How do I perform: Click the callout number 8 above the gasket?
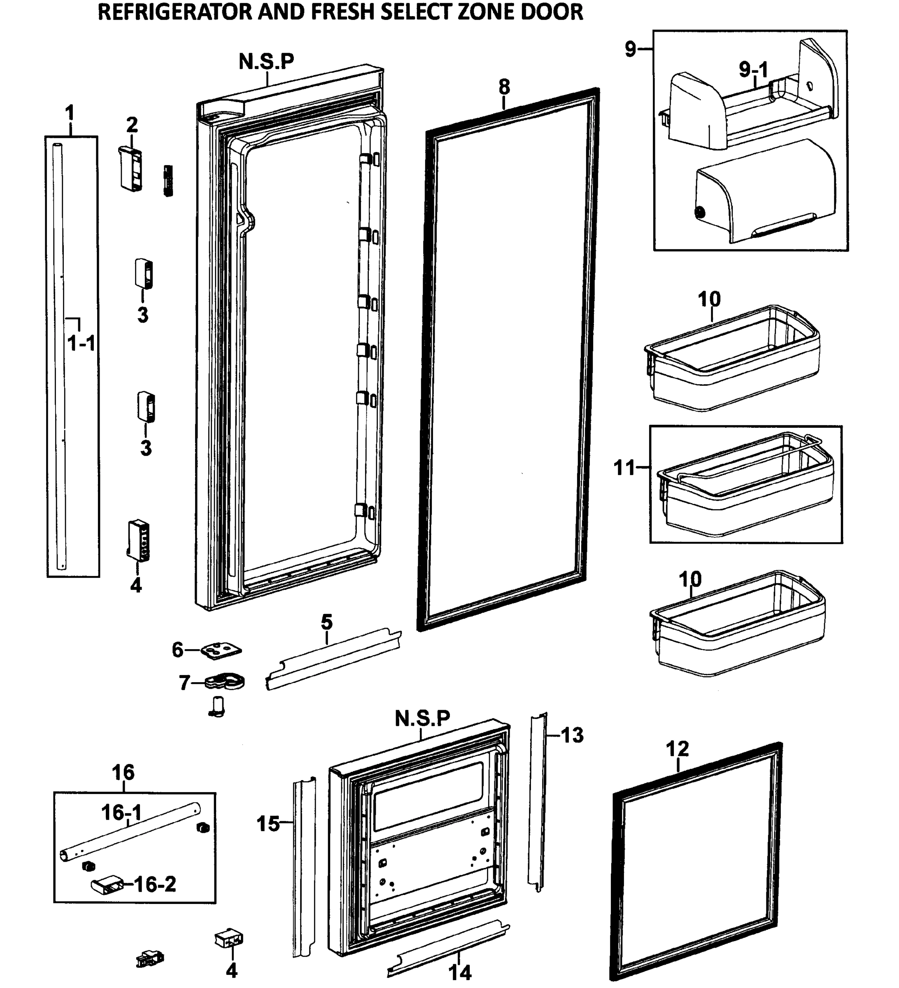504,87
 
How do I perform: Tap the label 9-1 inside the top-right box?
754,70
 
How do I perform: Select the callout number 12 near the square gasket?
678,748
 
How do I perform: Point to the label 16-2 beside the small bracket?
155,884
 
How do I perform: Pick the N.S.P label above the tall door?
266,61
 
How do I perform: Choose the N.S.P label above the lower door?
422,718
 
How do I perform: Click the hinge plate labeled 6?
221,650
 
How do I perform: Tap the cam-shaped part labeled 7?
225,681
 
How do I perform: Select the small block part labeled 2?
131,168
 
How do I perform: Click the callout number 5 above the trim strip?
327,622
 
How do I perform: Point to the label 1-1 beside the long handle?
82,343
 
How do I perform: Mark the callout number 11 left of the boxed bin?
624,468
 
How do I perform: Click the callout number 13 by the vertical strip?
572,735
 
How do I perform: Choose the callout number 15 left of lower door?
268,824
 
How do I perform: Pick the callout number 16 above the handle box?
123,773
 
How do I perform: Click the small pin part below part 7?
217,706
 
